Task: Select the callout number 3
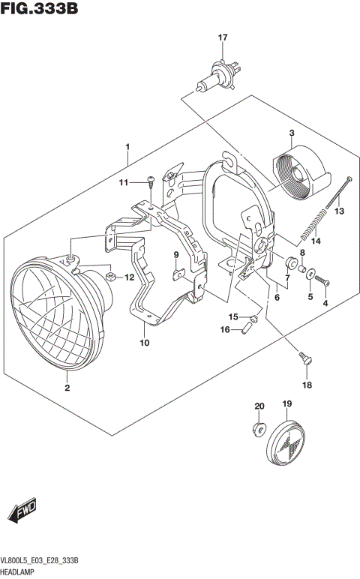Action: click(290, 133)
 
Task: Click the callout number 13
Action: click(339, 211)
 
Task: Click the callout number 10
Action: click(144, 343)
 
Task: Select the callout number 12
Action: click(129, 277)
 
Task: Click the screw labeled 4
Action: click(324, 281)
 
